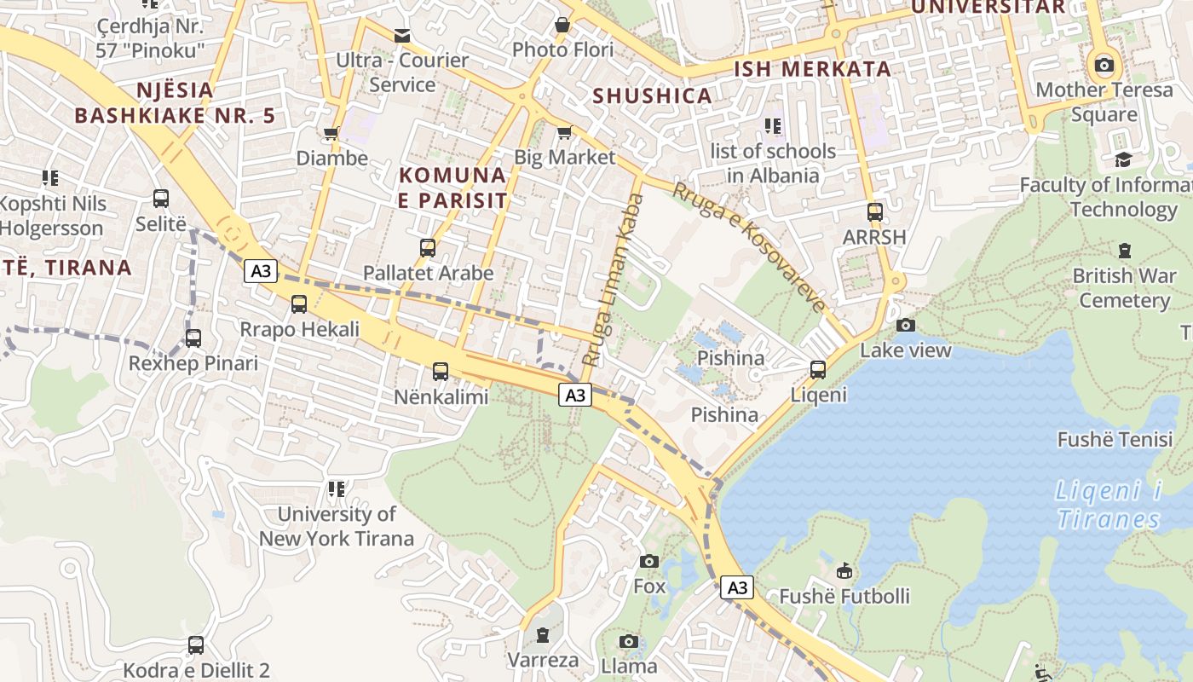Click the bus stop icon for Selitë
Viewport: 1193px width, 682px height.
coord(161,199)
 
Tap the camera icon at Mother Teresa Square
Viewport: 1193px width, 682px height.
coord(1104,65)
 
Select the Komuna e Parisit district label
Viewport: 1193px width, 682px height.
coord(452,188)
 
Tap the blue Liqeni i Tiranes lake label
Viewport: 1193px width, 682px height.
coord(1109,505)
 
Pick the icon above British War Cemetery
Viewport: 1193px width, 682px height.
coord(1125,251)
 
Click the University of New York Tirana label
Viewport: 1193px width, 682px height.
coord(337,526)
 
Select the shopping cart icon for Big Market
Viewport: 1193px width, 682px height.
coord(563,133)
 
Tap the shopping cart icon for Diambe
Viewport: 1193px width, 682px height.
coord(331,133)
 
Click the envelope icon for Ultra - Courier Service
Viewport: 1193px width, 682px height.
coord(401,36)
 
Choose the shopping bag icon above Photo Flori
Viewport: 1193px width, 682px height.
coord(562,26)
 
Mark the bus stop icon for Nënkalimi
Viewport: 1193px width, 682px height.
coord(440,371)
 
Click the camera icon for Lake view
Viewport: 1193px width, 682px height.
coord(905,325)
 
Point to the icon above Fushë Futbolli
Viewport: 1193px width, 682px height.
coord(844,570)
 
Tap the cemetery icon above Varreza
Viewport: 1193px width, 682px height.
coord(543,635)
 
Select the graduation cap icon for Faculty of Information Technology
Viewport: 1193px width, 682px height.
coord(1123,159)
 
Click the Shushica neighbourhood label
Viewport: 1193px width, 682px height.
coord(652,95)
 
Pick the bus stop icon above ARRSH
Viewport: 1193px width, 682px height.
coord(874,211)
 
